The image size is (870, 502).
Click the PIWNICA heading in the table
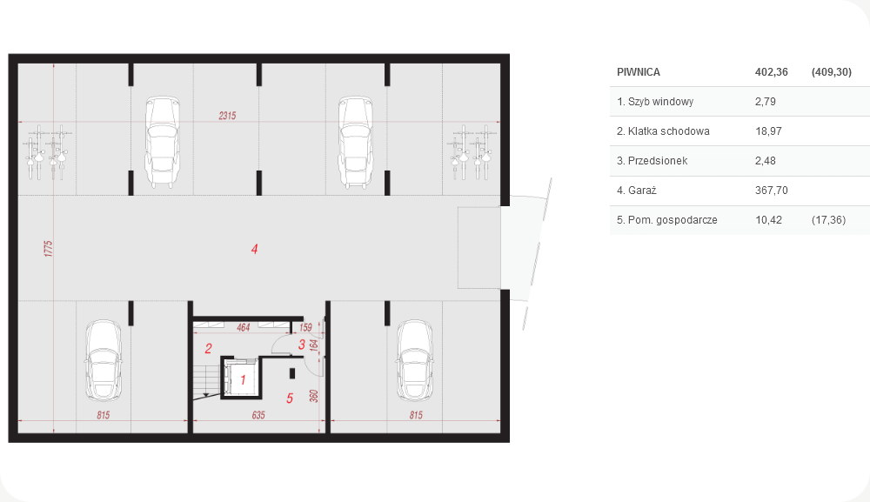[x=638, y=72]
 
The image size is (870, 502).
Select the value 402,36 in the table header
[x=771, y=72]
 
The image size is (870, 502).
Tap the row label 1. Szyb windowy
[x=655, y=102]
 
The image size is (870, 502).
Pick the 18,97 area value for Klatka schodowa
[x=768, y=131]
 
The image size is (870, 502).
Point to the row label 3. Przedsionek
[x=652, y=161]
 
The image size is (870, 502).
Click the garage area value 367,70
[x=771, y=191]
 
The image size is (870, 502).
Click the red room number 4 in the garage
[x=254, y=249]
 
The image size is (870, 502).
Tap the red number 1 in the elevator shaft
[x=243, y=380]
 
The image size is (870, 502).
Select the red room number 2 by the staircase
[x=208, y=348]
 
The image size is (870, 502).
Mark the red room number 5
[x=289, y=398]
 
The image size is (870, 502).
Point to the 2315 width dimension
[x=227, y=116]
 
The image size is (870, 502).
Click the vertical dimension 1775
[x=48, y=249]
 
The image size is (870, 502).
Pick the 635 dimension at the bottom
[x=258, y=415]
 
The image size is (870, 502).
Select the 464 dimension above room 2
[x=243, y=327]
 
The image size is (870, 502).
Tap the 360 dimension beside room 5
[x=313, y=396]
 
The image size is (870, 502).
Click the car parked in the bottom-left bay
[x=104, y=360]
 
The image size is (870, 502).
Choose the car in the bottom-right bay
[x=414, y=360]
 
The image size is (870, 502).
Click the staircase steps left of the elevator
[x=206, y=381]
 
